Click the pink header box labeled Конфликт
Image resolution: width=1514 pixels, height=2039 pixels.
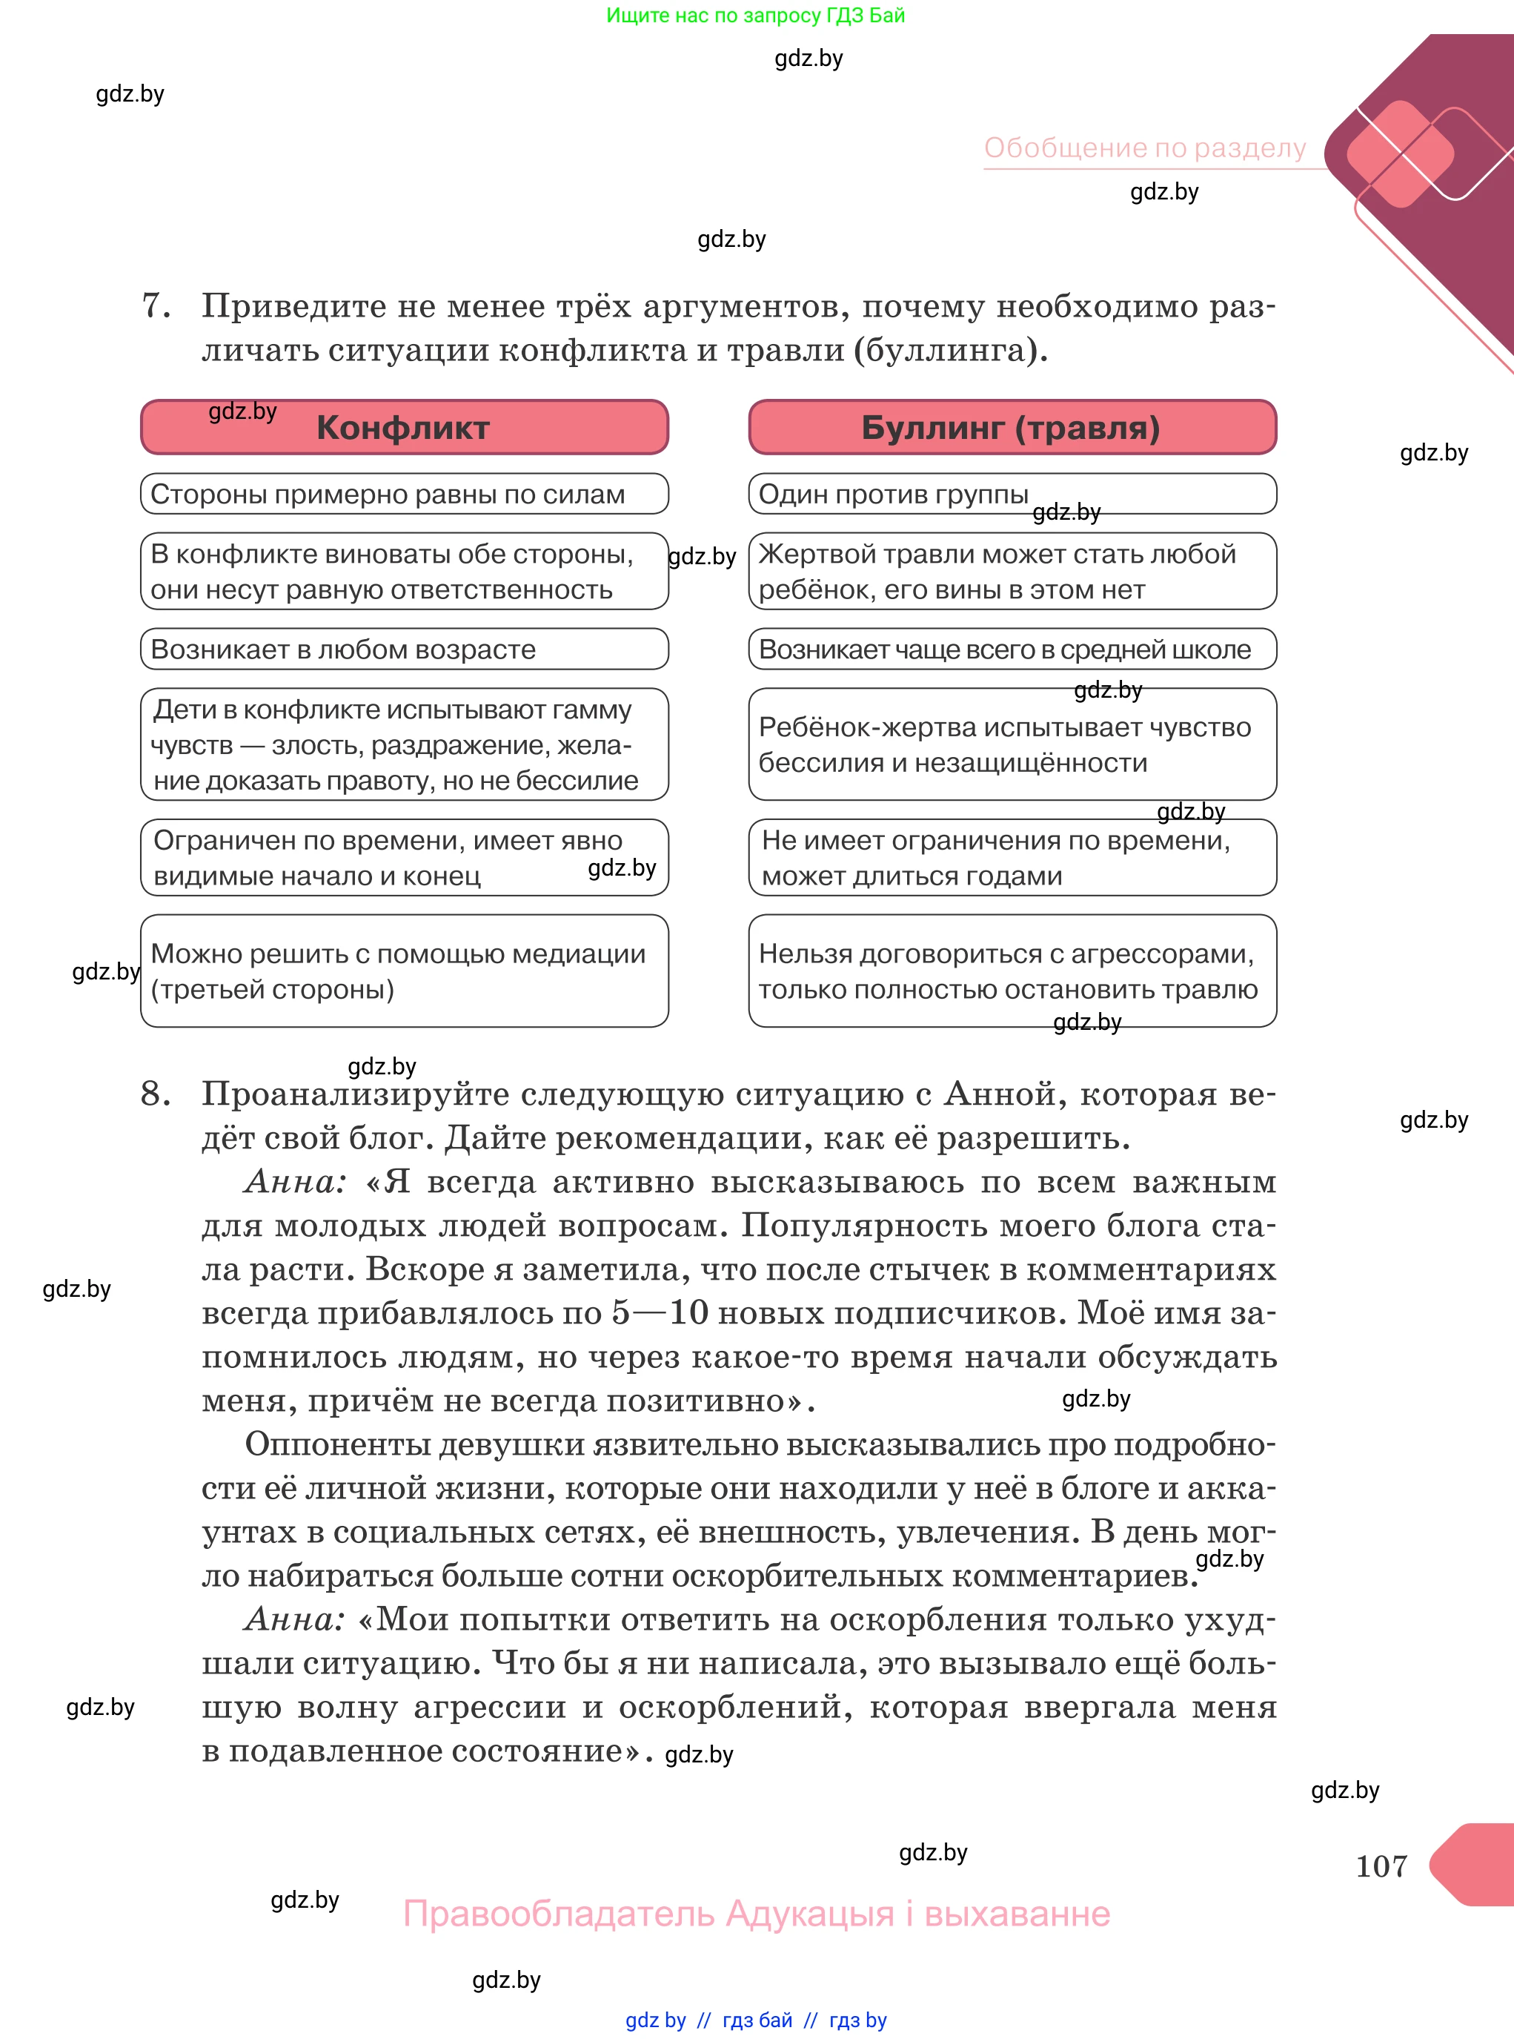point(403,427)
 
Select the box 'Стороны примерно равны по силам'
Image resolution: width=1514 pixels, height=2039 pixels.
point(403,494)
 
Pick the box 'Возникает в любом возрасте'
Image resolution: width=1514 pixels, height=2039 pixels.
point(403,649)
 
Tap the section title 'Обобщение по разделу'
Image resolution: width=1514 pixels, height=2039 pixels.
point(1145,148)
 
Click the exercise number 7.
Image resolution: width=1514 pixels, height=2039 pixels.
point(156,305)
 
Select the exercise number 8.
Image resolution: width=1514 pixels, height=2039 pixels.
point(156,1093)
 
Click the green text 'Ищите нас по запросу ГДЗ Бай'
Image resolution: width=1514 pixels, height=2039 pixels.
point(755,15)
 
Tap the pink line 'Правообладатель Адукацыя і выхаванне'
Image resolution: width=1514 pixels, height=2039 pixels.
point(756,1914)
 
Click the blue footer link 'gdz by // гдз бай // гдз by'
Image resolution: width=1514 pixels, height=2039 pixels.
point(755,2020)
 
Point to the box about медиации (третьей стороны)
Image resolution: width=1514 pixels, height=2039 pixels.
point(403,971)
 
